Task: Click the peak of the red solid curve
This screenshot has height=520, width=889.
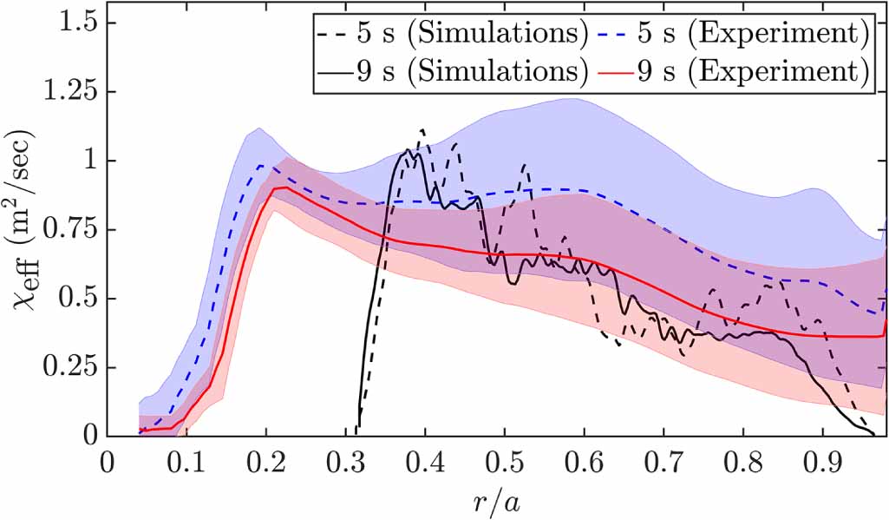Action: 285,187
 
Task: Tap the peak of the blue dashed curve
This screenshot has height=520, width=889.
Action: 259,165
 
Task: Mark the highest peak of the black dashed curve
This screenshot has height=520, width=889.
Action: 423,130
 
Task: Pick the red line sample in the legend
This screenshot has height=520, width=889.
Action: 618,70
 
